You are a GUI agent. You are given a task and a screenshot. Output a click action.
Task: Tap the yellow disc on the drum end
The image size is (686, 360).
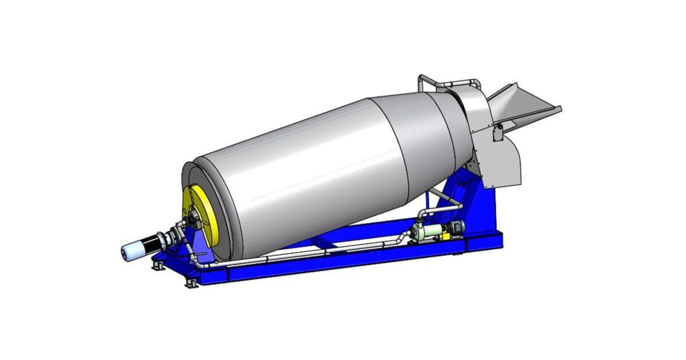(x=202, y=220)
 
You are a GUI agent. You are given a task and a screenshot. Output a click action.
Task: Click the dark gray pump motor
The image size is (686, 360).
(x=454, y=227)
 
